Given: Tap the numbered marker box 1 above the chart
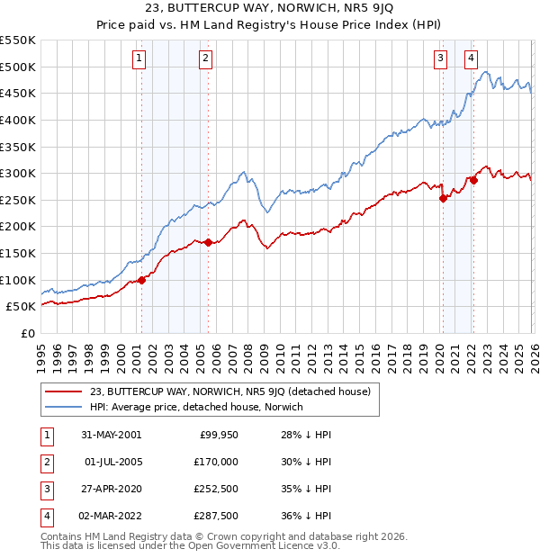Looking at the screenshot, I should click(140, 59).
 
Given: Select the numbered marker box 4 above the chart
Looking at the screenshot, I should click(472, 59).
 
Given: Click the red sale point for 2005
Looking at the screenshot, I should click(208, 242).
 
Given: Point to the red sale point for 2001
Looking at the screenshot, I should click(142, 280).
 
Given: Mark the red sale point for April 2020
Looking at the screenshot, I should click(443, 199).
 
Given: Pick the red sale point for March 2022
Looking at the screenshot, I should click(473, 180).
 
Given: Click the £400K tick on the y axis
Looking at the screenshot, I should click(18, 120).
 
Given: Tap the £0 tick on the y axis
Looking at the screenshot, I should click(27, 333).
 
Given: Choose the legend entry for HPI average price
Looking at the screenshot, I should click(195, 408).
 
